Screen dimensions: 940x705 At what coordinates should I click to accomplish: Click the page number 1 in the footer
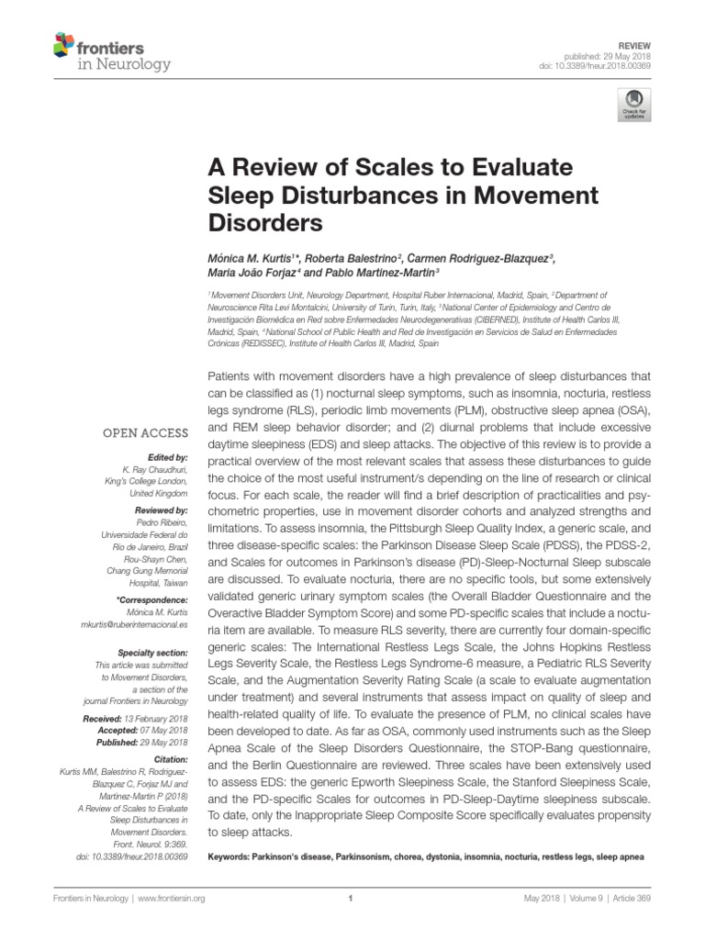pyautogui.click(x=352, y=900)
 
